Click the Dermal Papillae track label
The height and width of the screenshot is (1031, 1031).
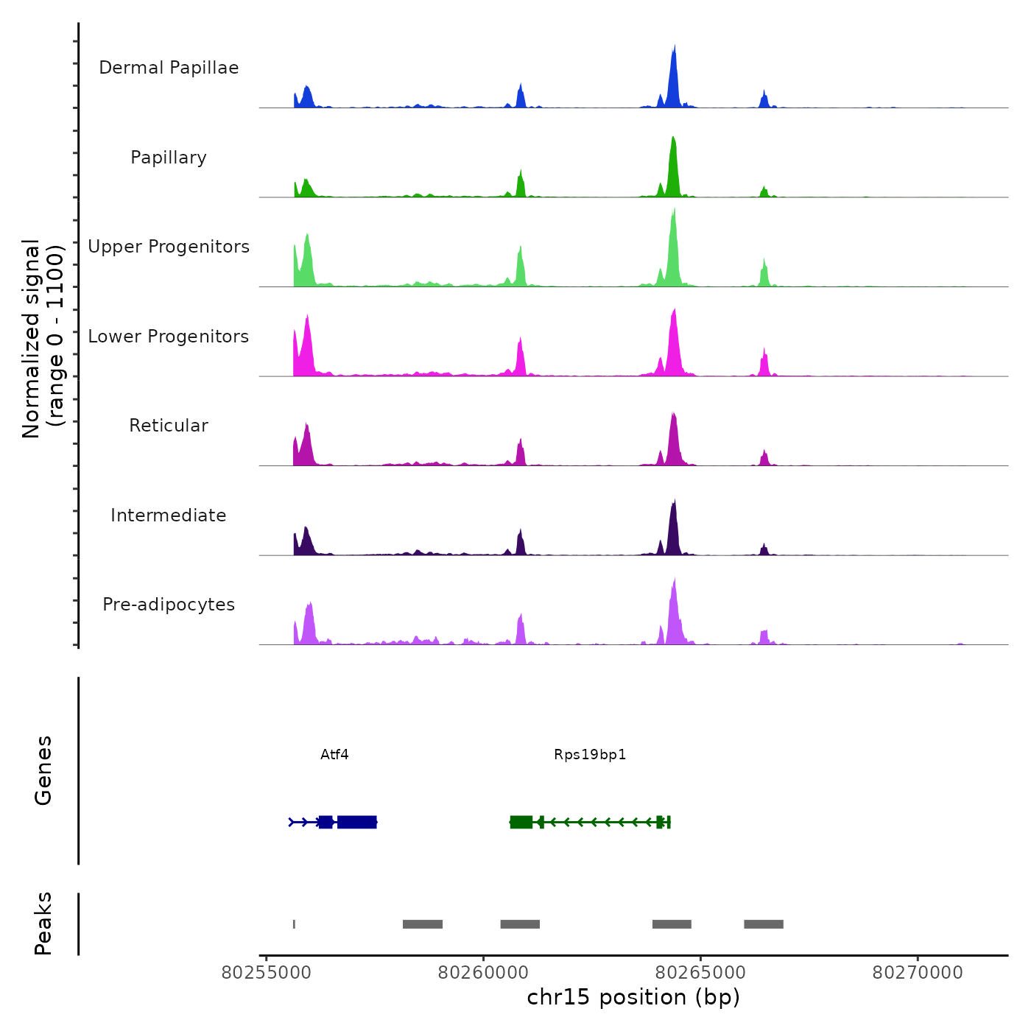click(x=169, y=68)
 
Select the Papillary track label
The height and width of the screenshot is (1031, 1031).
click(x=169, y=158)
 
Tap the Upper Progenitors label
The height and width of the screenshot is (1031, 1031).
click(x=169, y=247)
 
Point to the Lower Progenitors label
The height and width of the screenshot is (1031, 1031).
click(x=169, y=337)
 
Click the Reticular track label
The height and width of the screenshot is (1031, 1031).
click(x=169, y=426)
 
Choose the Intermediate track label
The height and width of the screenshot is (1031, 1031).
click(x=169, y=515)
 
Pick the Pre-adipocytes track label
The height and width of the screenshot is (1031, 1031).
click(x=169, y=605)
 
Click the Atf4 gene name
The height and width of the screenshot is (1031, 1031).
click(x=334, y=755)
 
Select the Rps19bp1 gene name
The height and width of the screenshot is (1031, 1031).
click(x=590, y=755)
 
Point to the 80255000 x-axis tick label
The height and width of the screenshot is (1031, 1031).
click(x=267, y=973)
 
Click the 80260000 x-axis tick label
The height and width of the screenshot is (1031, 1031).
click(x=483, y=973)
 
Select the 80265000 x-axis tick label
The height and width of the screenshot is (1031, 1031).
click(x=700, y=973)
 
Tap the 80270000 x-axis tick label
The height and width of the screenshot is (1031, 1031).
click(x=918, y=973)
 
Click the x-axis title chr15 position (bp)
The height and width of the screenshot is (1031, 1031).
click(x=633, y=997)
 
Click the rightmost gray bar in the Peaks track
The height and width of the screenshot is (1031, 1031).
click(x=764, y=924)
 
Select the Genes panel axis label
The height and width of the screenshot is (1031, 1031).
click(x=43, y=770)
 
